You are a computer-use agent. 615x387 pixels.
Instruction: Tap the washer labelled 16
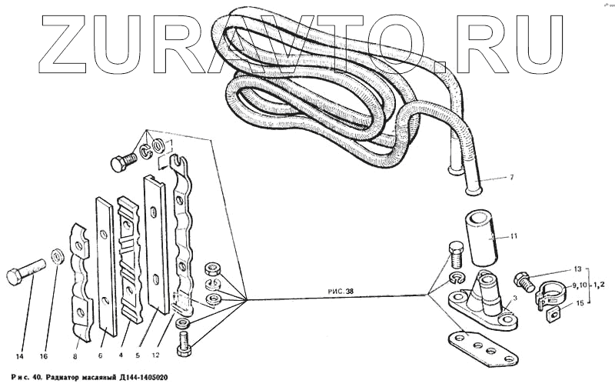(56, 255)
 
